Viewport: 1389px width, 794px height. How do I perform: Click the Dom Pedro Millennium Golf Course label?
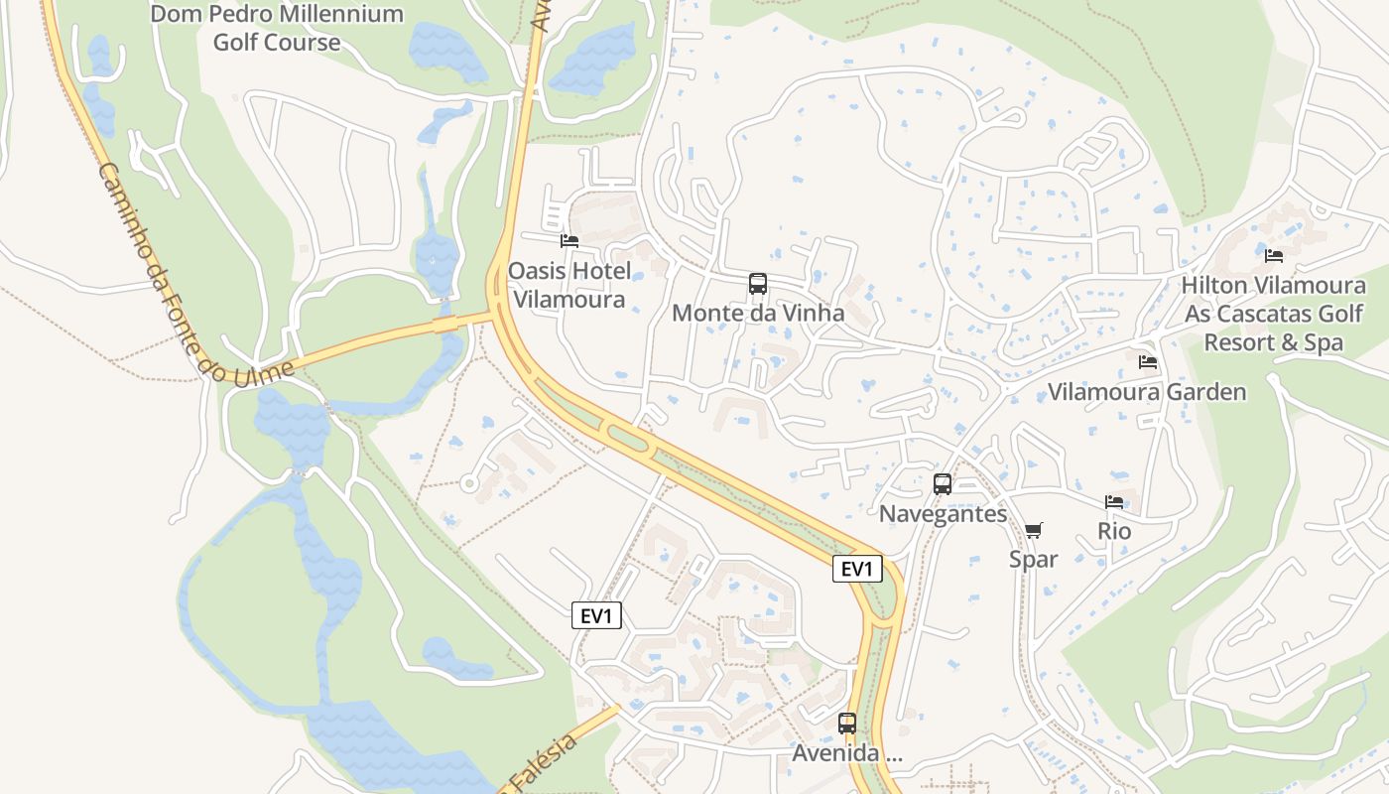pyautogui.click(x=277, y=28)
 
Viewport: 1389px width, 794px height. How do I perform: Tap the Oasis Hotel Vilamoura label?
pyautogui.click(x=568, y=285)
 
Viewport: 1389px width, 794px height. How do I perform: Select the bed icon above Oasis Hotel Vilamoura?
pyautogui.click(x=568, y=240)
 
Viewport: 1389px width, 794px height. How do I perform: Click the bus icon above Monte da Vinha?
pyautogui.click(x=758, y=284)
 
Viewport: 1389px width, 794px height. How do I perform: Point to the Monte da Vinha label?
pyautogui.click(x=758, y=314)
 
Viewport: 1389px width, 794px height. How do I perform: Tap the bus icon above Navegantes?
pyautogui.click(x=943, y=484)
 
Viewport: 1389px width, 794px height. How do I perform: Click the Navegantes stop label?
pyautogui.click(x=943, y=514)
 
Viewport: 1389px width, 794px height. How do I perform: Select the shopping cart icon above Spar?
pyautogui.click(x=1033, y=530)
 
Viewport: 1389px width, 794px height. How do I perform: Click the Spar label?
pyautogui.click(x=1033, y=560)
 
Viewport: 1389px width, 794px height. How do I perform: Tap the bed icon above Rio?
pyautogui.click(x=1114, y=502)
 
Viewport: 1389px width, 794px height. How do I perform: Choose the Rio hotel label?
pyautogui.click(x=1114, y=532)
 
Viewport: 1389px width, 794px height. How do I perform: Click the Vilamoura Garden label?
pyautogui.click(x=1147, y=392)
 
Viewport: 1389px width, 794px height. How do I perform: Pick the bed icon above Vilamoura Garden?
pyautogui.click(x=1148, y=362)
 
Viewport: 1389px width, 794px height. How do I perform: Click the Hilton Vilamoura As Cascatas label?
pyautogui.click(x=1273, y=314)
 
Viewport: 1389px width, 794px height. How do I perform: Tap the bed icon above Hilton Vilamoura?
pyautogui.click(x=1274, y=256)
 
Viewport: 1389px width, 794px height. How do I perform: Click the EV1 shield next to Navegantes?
pyautogui.click(x=856, y=569)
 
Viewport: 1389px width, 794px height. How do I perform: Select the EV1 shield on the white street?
pyautogui.click(x=596, y=616)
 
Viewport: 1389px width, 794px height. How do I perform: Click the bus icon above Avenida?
pyautogui.click(x=847, y=724)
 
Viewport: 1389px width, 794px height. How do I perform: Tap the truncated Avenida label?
pyautogui.click(x=847, y=754)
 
